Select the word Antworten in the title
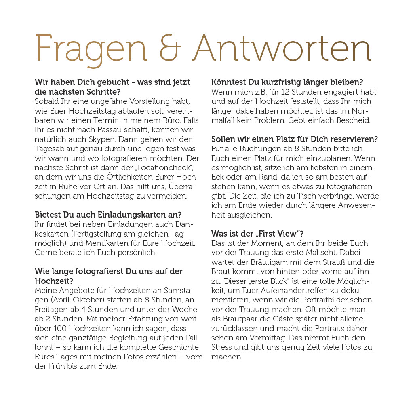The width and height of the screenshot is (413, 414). point(282,49)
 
